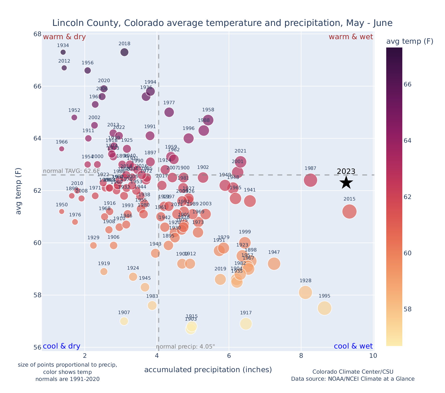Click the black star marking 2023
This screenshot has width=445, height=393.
coord(346,182)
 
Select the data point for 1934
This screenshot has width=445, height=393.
coord(63,52)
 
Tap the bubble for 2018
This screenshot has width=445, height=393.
coord(124,52)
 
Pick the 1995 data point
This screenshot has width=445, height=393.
coord(324,308)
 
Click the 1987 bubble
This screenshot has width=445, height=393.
coord(310,180)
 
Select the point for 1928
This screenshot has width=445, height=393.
coord(305,292)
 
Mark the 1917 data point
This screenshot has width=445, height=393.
coord(246,324)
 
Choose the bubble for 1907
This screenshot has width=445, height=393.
coord(124,321)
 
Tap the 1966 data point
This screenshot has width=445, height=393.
coord(62,149)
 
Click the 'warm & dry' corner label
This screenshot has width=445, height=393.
coord(64,37)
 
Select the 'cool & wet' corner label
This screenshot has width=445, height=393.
coord(353,346)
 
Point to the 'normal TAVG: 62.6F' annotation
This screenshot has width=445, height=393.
coord(71,171)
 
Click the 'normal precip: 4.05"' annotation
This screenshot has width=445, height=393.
coord(186,347)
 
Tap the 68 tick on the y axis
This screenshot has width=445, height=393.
coord(37,34)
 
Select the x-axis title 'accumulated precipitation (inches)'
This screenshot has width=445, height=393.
coord(208,370)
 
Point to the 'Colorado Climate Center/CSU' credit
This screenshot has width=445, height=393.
coord(353,372)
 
